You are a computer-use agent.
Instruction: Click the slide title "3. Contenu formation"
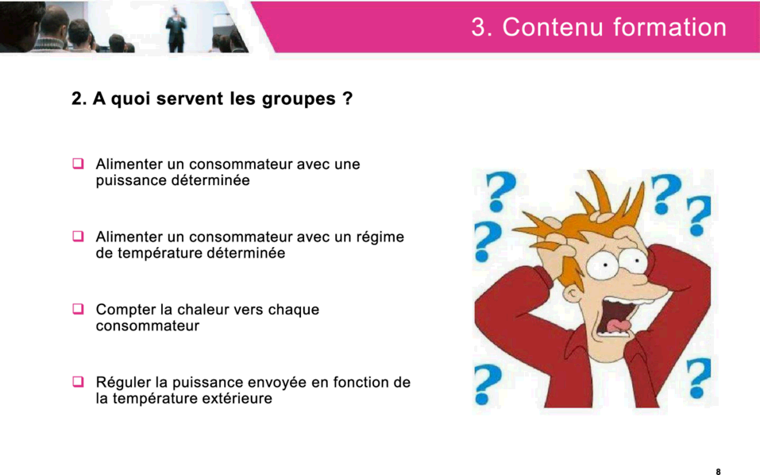click(x=599, y=27)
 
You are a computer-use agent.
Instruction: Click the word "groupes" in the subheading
click(x=299, y=99)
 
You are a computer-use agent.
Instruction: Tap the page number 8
click(x=719, y=471)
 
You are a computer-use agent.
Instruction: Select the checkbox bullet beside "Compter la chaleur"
click(x=78, y=309)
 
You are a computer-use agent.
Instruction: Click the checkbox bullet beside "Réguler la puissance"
click(x=78, y=381)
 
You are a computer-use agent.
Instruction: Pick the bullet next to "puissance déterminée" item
click(x=78, y=164)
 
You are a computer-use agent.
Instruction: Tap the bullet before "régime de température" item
click(x=78, y=236)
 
